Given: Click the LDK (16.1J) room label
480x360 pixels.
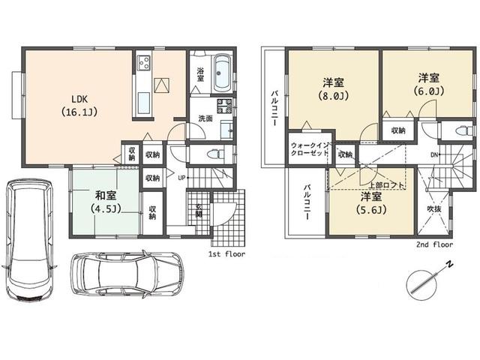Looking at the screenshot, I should point(79,106).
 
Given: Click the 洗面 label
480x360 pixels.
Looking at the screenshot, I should point(205,118).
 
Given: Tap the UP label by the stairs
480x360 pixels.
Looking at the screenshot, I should point(182,178).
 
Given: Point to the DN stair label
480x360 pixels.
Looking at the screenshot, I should point(434,155).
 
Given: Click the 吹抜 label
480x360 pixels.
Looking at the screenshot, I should point(435,208).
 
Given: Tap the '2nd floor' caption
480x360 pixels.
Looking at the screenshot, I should point(434,244).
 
